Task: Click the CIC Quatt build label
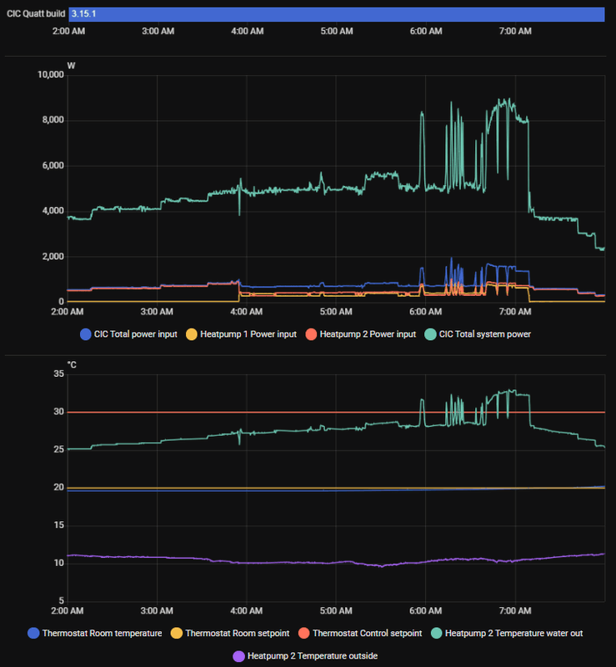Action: pos(36,14)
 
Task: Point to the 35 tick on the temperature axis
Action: pos(58,374)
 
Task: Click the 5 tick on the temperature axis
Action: pos(60,600)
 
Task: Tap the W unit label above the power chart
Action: pos(71,65)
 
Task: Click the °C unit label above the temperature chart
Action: pos(73,364)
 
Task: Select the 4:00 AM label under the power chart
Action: pos(247,312)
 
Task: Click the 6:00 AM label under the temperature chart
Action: pos(425,610)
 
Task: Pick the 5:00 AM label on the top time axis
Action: pos(336,31)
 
